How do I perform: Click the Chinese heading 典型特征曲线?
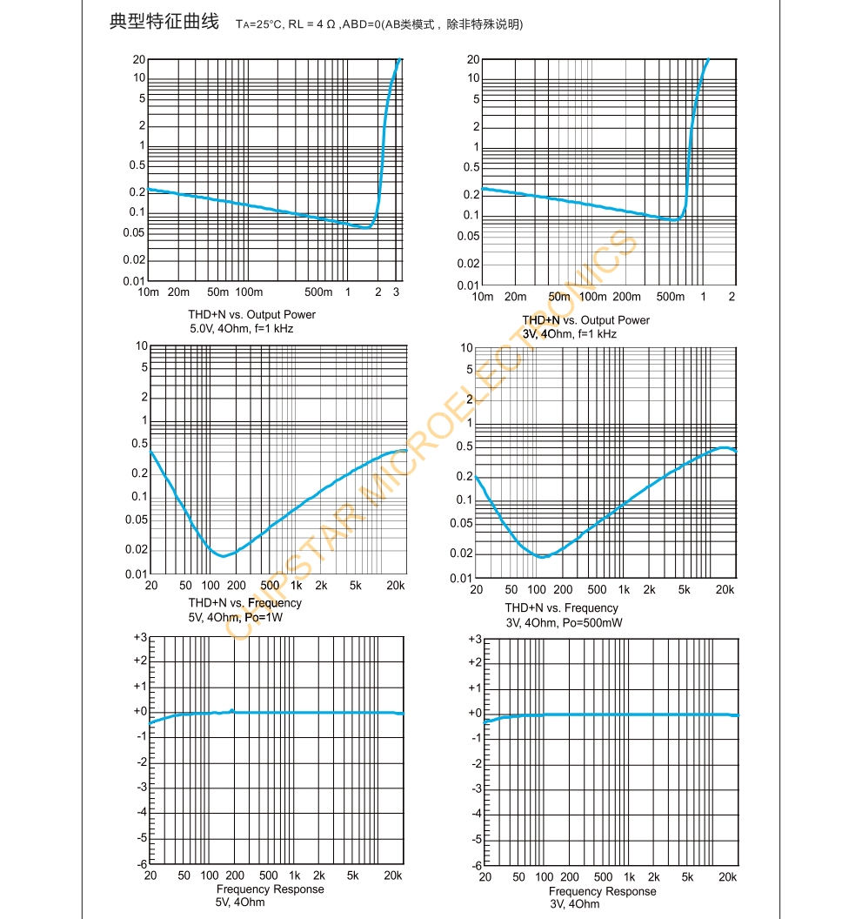pyautogui.click(x=164, y=22)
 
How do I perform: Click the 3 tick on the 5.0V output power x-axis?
pyautogui.click(x=396, y=292)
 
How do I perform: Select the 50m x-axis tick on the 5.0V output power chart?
pyautogui.click(x=217, y=292)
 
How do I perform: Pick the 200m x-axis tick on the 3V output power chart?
pyautogui.click(x=627, y=297)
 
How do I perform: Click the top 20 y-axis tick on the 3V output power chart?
pyautogui.click(x=473, y=59)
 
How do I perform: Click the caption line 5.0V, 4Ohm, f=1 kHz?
pyautogui.click(x=242, y=328)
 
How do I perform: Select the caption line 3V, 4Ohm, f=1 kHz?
pyautogui.click(x=570, y=334)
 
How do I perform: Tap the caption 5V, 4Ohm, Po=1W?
pyautogui.click(x=236, y=617)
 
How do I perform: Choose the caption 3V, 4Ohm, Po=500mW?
pyautogui.click(x=564, y=622)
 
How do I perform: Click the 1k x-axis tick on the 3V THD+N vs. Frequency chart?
pyautogui.click(x=624, y=590)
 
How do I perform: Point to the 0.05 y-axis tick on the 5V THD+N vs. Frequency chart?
pyautogui.click(x=137, y=520)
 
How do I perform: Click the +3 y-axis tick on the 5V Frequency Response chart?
pyautogui.click(x=140, y=637)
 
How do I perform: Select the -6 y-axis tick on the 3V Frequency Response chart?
pyautogui.click(x=475, y=866)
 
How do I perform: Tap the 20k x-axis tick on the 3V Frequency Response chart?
pyautogui.click(x=726, y=877)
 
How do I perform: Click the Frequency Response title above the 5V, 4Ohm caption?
pyautogui.click(x=270, y=889)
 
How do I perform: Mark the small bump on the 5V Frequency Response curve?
pyautogui.click(x=232, y=710)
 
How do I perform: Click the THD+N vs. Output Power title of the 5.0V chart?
pyautogui.click(x=251, y=314)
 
